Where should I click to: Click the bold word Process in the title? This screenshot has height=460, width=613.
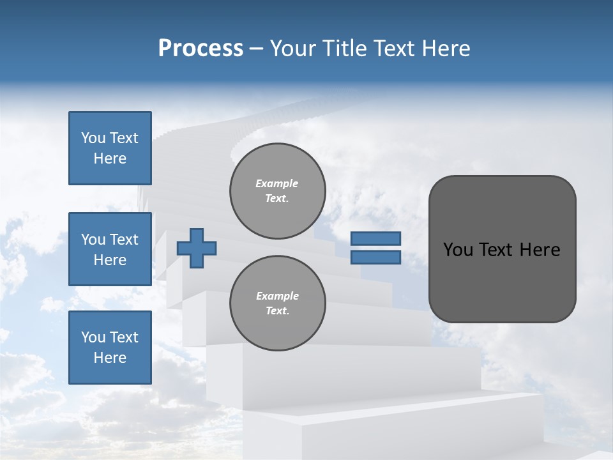click(201, 49)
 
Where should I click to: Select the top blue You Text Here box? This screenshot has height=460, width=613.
click(110, 148)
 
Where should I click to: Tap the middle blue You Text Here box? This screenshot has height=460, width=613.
click(110, 249)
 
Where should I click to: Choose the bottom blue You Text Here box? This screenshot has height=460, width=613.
click(110, 347)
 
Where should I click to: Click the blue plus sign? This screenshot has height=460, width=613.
click(197, 248)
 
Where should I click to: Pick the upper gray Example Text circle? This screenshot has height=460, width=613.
click(277, 191)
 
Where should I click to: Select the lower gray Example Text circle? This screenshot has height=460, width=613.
click(277, 303)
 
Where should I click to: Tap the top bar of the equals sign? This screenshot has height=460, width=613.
click(375, 238)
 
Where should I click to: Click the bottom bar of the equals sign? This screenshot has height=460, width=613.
click(375, 257)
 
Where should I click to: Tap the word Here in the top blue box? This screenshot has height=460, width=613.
click(110, 158)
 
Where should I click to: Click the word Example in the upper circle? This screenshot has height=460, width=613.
click(277, 183)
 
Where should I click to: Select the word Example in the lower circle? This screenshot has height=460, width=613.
click(277, 296)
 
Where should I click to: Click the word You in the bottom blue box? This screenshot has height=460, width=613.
click(93, 337)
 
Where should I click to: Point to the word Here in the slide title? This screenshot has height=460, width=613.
click(446, 49)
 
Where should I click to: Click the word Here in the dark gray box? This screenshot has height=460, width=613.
click(540, 250)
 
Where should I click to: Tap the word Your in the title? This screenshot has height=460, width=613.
click(294, 49)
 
